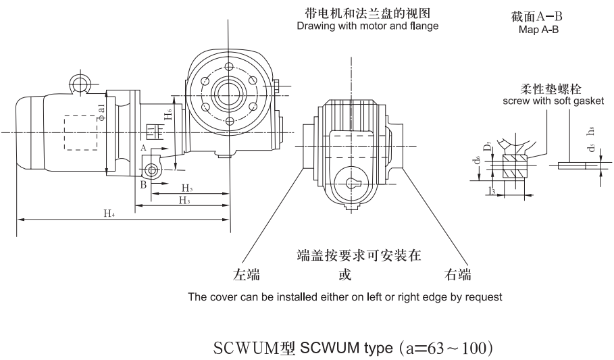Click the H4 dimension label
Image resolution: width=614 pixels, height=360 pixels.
click(x=109, y=213)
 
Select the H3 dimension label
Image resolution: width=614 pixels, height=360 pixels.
click(x=183, y=200)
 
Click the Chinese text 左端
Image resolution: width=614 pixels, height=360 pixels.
click(x=247, y=275)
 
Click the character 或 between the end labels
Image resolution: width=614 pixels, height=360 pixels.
click(x=344, y=275)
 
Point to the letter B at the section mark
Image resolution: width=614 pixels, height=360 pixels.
click(x=143, y=183)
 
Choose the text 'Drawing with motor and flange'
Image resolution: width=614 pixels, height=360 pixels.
click(x=363, y=26)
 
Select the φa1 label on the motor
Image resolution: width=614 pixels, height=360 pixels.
click(x=101, y=109)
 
